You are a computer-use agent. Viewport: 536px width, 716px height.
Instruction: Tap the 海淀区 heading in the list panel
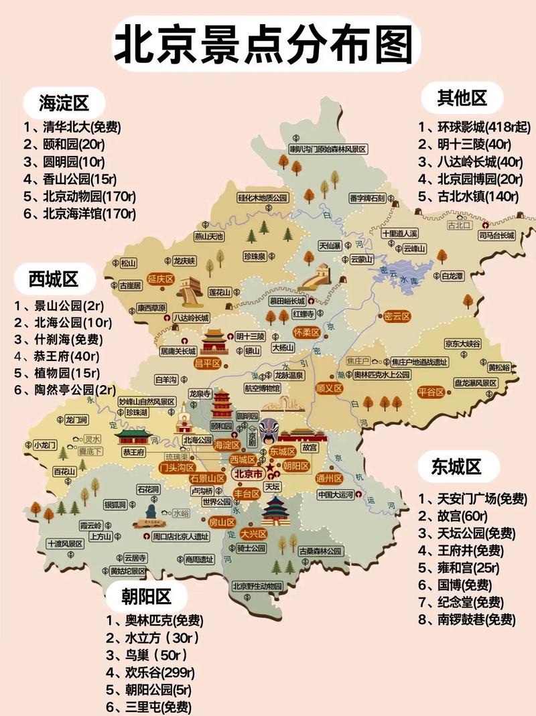pyautogui.click(x=64, y=103)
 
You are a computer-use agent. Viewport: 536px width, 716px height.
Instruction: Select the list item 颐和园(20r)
pyautogui.click(x=64, y=143)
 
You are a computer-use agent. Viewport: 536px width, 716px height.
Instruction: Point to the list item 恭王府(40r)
pyautogui.click(x=57, y=356)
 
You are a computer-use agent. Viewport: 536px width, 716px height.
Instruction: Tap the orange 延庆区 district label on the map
pyautogui.click(x=161, y=279)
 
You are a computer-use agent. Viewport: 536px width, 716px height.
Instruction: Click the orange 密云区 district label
pyautogui.click(x=397, y=315)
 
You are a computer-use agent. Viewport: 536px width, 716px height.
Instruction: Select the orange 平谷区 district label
pyautogui.click(x=432, y=392)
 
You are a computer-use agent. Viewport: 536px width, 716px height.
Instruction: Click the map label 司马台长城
pyautogui.click(x=496, y=236)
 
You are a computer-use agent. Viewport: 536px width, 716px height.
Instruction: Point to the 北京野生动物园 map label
pyautogui.click(x=258, y=586)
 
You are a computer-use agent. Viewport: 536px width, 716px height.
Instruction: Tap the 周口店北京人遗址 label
pyautogui.click(x=181, y=536)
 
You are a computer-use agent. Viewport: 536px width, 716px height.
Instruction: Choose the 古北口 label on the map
pyautogui.click(x=460, y=226)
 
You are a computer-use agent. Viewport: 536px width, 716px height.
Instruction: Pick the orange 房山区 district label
pyautogui.click(x=222, y=522)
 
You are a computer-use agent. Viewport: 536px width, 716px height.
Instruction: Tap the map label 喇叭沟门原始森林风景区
pyautogui.click(x=327, y=149)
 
